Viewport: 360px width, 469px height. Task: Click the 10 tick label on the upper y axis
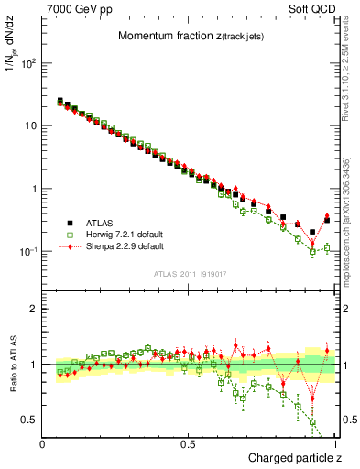[x=31, y=126]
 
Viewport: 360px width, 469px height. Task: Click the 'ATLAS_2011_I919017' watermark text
[x=191, y=274]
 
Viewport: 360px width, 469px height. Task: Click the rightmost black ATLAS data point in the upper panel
[x=327, y=220]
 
